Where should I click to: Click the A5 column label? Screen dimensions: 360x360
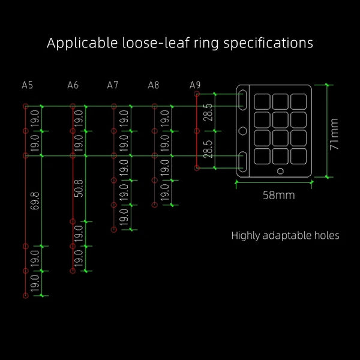pos(28,85)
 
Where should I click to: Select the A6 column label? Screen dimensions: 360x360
pos(73,85)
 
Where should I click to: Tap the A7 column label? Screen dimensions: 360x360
pos(113,85)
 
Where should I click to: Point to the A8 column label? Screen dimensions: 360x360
pos(154,85)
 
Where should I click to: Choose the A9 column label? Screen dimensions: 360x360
pos(195,85)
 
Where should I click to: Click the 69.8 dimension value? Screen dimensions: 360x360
pos(35,201)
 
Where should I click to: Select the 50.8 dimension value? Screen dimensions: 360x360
pos(79,188)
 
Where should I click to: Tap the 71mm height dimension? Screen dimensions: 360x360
pos(334,134)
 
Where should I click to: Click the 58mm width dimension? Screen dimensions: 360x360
pos(279,195)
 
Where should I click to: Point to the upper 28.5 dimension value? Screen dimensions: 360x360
pos(208,112)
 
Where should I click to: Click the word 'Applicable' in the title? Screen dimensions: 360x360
pos(82,43)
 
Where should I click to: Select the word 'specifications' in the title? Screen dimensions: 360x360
pos(268,43)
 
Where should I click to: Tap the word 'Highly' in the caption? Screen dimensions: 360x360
pos(245,236)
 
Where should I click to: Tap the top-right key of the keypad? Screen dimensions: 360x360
pos(298,101)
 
